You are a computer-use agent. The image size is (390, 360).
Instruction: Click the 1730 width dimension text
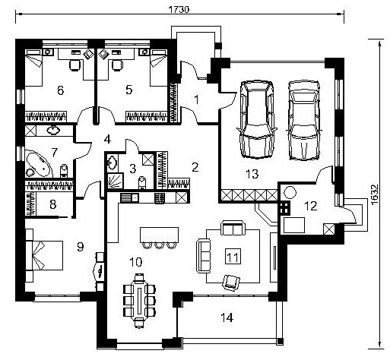(x=179, y=9)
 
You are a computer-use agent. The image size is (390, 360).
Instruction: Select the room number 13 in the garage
(x=252, y=174)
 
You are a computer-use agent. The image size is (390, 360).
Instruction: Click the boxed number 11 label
(x=233, y=257)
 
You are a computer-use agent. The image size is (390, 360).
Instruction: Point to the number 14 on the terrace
(x=227, y=317)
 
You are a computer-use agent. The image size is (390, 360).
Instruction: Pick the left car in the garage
(x=257, y=119)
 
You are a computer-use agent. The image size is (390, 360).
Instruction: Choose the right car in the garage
(x=304, y=120)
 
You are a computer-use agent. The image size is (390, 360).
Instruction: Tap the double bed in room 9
(x=44, y=255)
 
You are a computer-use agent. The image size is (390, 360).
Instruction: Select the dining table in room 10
(x=139, y=301)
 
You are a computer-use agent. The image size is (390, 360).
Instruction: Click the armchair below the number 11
(x=231, y=283)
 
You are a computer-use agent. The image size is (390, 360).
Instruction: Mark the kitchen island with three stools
(x=159, y=238)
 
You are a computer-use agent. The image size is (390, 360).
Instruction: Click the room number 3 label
(x=133, y=169)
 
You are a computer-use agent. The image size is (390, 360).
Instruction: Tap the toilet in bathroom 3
(x=142, y=183)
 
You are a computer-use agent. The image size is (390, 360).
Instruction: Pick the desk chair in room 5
(x=117, y=65)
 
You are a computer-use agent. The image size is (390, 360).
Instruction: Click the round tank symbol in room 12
(x=290, y=192)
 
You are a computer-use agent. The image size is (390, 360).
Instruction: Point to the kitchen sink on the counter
(x=129, y=197)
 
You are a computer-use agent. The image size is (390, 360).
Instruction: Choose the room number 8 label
(x=53, y=204)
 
